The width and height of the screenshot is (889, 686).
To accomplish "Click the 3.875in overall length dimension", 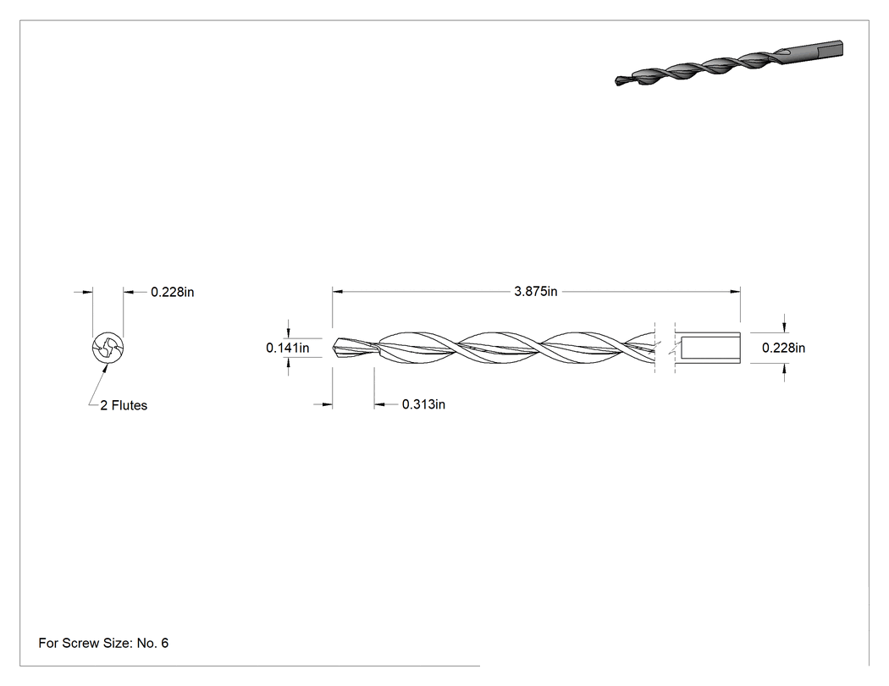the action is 536,291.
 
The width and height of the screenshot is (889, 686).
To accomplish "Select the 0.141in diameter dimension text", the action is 288,348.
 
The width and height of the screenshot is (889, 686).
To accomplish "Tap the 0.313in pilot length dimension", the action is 423,403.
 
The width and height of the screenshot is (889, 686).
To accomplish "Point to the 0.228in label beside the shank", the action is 783,348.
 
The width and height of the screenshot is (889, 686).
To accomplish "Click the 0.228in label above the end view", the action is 173,292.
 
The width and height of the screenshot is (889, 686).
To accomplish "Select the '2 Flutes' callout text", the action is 124,405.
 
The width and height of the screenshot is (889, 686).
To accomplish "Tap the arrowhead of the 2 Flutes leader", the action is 106,367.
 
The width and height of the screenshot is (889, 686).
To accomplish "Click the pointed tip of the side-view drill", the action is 334,344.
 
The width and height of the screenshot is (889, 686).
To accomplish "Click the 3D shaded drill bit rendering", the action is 729,63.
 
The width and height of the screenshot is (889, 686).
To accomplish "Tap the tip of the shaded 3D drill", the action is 616,81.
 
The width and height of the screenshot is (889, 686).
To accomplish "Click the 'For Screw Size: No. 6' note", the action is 103,643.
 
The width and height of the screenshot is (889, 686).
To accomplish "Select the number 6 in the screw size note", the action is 164,643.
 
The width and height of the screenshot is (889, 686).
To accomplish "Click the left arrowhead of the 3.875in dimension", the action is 337,292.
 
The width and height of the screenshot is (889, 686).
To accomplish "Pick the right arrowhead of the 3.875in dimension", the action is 736,292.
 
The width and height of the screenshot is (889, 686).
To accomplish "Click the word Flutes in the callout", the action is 130,405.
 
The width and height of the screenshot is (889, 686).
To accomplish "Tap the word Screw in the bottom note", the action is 80,643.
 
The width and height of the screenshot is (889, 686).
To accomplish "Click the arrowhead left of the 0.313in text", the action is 379,404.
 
